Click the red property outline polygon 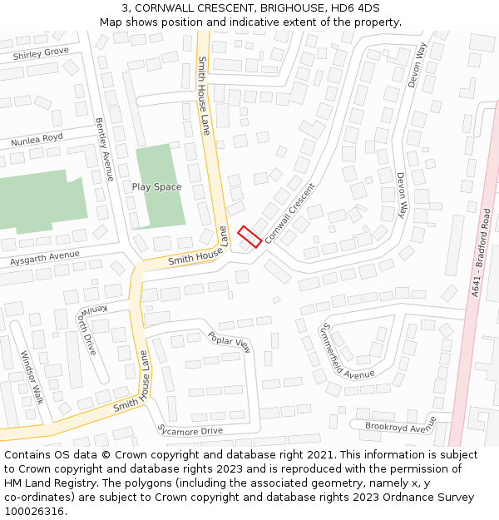click(x=250, y=236)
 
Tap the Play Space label click(x=156, y=187)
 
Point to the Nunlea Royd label click(x=37, y=141)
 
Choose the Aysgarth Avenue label click(x=45, y=260)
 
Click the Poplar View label click(x=230, y=341)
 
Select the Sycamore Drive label click(x=190, y=430)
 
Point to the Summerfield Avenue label click(x=348, y=350)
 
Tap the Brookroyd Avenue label click(x=399, y=425)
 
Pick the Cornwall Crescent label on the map click(x=290, y=207)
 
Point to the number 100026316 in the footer click(x=35, y=511)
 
